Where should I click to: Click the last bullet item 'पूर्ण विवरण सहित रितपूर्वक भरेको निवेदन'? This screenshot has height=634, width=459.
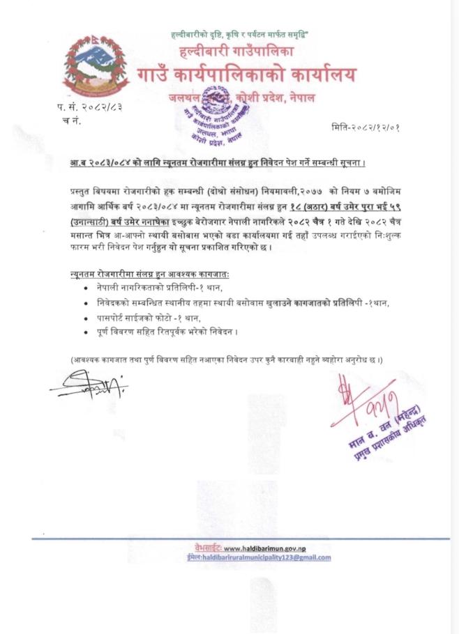(172, 332)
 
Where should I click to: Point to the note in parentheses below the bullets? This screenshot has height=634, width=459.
(227, 359)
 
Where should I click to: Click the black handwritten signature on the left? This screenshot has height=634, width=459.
(89, 383)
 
